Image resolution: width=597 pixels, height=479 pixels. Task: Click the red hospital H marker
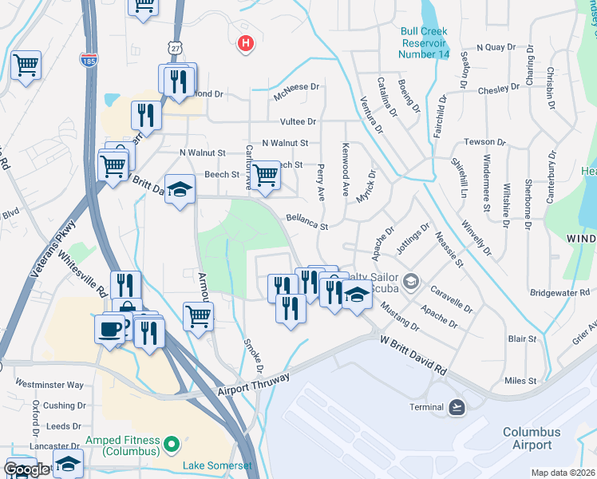pyautogui.click(x=246, y=43)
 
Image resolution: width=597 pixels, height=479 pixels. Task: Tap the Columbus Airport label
pyautogui.click(x=532, y=438)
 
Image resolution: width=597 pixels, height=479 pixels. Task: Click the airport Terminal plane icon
pyautogui.click(x=457, y=407)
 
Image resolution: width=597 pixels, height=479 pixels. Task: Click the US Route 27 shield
pyautogui.click(x=176, y=48)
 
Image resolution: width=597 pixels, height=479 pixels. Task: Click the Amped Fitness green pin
pyautogui.click(x=169, y=442)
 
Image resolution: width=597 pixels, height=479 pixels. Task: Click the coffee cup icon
pyautogui.click(x=109, y=327)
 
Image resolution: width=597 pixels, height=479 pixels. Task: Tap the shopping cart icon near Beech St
pyautogui.click(x=266, y=175)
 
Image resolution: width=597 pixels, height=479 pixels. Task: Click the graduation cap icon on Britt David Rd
pyautogui.click(x=180, y=189)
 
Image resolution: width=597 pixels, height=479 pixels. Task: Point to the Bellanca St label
pyautogui.click(x=307, y=222)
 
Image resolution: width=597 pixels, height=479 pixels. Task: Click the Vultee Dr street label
pyautogui.click(x=298, y=122)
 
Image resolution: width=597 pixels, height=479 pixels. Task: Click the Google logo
pyautogui.click(x=26, y=469)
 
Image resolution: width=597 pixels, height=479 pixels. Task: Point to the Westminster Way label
pyautogui.click(x=49, y=384)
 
